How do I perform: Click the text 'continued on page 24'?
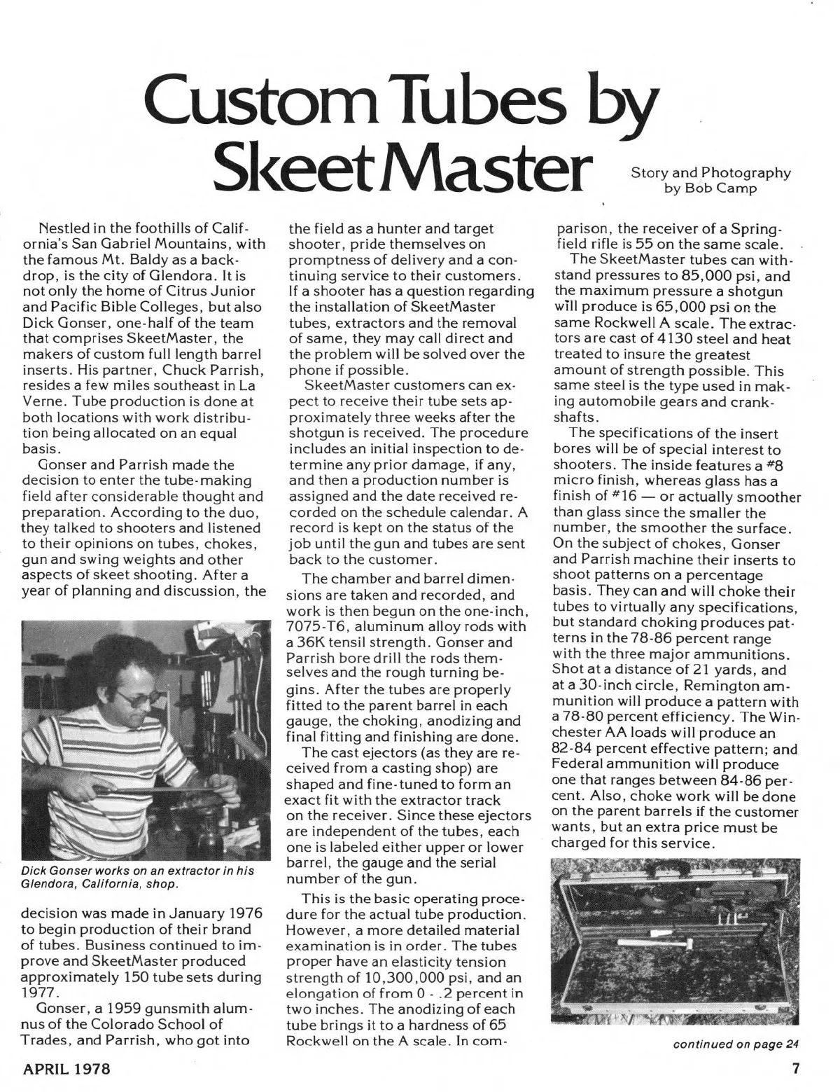(x=735, y=1044)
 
